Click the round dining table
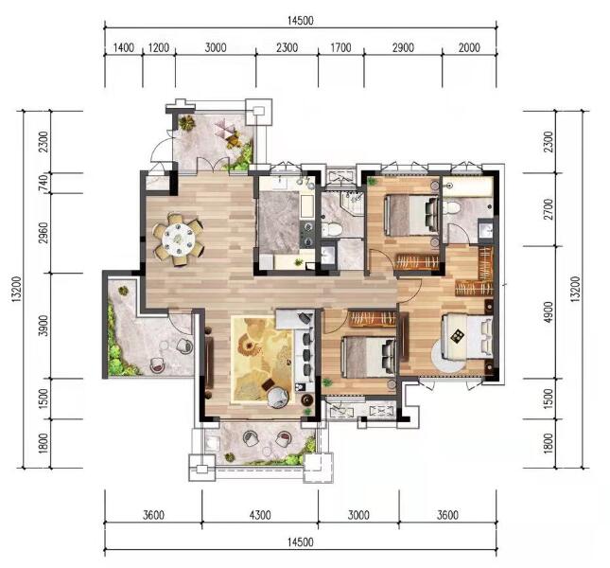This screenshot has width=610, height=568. (179, 240)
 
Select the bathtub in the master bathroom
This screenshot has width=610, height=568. (468, 186)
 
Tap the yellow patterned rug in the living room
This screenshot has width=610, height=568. (261, 360)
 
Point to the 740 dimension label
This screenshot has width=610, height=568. (44, 182)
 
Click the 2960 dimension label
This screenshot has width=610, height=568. (44, 233)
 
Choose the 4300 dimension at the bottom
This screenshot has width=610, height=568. (260, 515)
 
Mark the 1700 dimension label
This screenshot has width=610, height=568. (340, 48)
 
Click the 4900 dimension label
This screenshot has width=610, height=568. (549, 311)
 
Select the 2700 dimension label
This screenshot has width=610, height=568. (549, 209)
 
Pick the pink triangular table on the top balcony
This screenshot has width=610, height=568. (225, 128)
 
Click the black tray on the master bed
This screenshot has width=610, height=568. (457, 335)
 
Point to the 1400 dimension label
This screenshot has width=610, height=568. (123, 48)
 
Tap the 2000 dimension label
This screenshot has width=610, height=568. (469, 48)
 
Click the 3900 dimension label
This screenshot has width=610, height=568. (44, 326)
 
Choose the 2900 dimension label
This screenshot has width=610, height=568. (403, 48)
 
